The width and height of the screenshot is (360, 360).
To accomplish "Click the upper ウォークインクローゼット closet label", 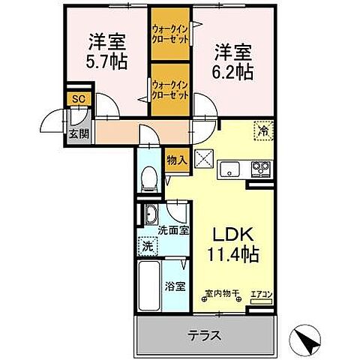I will point(172,33).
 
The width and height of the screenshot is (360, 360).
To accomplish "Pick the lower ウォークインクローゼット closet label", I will point(172,91).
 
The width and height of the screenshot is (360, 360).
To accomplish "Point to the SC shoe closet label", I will point(76,98).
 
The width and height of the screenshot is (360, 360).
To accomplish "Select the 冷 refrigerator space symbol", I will point(264,129).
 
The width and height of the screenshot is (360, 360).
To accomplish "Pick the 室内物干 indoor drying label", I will point(220,293).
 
